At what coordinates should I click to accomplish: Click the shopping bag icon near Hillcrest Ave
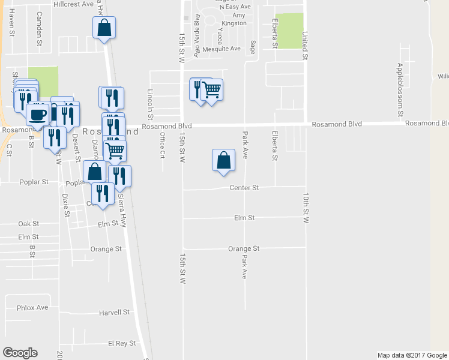coord(104,28)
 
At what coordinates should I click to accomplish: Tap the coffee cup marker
coord(37,114)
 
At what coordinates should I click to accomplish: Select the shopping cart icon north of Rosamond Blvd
coord(211,91)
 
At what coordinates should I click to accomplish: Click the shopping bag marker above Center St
coord(223,161)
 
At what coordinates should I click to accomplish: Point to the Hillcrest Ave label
coord(74,4)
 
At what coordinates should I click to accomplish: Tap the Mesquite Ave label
coord(221,49)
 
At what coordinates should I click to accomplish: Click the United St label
coord(305,46)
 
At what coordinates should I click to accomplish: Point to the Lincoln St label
coord(150,104)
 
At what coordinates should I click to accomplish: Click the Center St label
coord(244,188)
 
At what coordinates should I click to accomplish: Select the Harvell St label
coord(115,313)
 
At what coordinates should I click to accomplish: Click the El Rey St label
coord(119,344)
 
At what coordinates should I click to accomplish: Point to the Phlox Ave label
coord(32,308)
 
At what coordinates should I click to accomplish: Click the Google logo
coord(20,353)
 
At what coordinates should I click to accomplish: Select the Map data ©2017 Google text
coord(411,355)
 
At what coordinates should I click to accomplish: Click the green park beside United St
coord(289,31)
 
